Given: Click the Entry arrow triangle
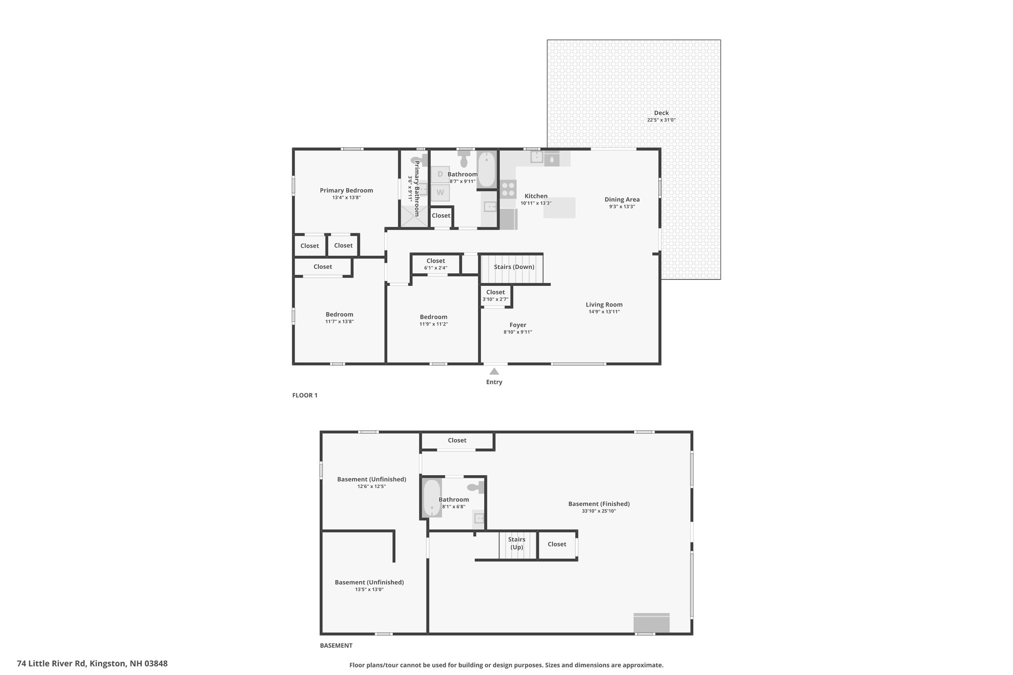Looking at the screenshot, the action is [x=494, y=371].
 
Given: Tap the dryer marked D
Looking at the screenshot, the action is [x=440, y=174].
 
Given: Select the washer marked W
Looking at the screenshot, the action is [x=440, y=192].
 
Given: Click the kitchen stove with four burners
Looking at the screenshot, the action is [x=508, y=189].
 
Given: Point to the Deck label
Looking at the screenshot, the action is [x=661, y=113].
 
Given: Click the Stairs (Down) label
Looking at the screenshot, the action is [x=514, y=267].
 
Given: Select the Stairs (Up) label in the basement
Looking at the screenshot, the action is [x=517, y=543].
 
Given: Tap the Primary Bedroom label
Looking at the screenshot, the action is [x=346, y=190].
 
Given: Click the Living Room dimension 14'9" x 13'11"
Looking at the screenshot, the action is [x=604, y=312].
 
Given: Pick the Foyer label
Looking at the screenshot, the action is [x=518, y=325].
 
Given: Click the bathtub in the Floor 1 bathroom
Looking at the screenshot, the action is [x=487, y=170].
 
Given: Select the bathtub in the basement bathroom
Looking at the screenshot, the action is [x=432, y=498].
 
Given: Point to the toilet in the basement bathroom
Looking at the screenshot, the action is [x=476, y=487].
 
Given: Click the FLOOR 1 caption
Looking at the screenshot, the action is [x=305, y=395].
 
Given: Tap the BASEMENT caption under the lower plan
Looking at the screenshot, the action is [x=336, y=645].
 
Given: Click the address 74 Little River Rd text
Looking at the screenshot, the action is [x=51, y=663].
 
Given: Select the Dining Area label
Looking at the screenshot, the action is [x=622, y=199].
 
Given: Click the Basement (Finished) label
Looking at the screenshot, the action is [x=599, y=504].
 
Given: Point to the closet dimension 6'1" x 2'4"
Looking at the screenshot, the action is [x=436, y=268].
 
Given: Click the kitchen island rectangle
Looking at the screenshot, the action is [x=559, y=208].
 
